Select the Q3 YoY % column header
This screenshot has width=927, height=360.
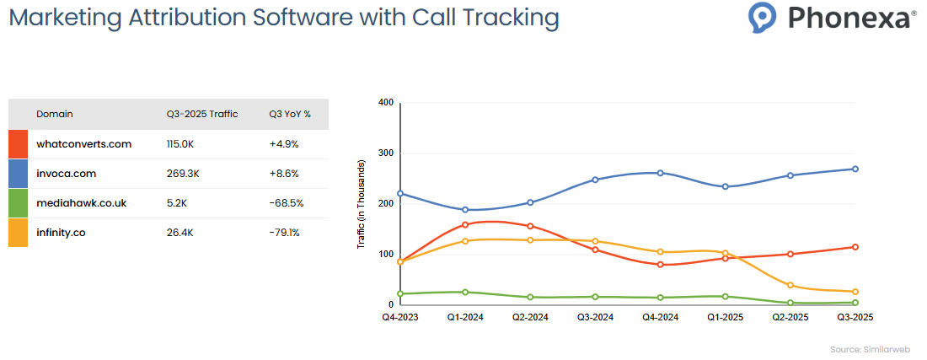(x=290, y=114)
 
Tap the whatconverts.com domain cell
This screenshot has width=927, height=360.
(x=83, y=144)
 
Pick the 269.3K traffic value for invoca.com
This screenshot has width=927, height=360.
(x=184, y=174)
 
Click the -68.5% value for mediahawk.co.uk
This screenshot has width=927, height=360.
(x=286, y=203)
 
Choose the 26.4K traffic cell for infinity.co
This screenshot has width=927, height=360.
(x=181, y=233)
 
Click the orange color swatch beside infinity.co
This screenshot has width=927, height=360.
(x=19, y=233)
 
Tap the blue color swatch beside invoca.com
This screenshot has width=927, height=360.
(x=19, y=174)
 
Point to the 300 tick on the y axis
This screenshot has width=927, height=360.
(x=386, y=153)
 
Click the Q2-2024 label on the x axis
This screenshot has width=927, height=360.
(x=530, y=318)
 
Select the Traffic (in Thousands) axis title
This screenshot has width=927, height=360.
(x=362, y=203)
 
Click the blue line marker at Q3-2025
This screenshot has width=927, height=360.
(x=855, y=169)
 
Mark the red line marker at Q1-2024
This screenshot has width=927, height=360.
(x=465, y=224)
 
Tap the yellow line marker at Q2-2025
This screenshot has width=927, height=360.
(x=790, y=285)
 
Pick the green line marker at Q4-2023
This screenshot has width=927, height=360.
(x=400, y=294)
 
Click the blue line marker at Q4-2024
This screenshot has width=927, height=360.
(x=660, y=173)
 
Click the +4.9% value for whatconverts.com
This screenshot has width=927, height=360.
(x=284, y=144)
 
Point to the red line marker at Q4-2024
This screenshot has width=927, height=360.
(x=660, y=265)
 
